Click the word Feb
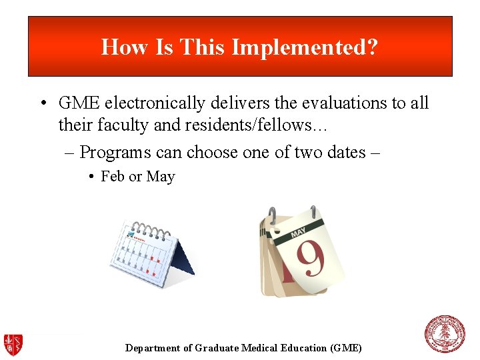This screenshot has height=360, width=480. [113, 177]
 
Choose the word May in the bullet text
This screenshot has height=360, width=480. [160, 177]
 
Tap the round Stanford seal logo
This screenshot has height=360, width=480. [445, 333]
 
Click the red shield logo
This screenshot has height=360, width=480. [13, 344]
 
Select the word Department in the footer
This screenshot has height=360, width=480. [153, 348]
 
